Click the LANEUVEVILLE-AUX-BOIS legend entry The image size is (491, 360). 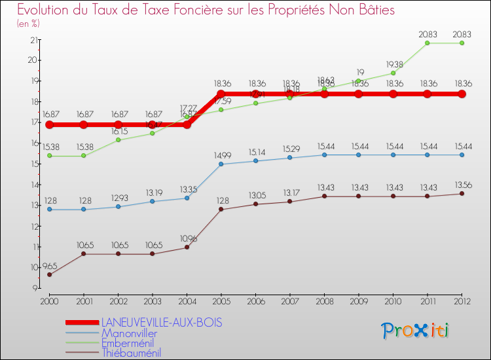click(x=161, y=323)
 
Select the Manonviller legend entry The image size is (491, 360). click(x=129, y=333)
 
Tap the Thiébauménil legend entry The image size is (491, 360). click(x=131, y=353)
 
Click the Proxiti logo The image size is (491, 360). click(x=416, y=331)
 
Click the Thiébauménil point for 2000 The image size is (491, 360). click(x=49, y=274)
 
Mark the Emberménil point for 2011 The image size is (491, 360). click(x=427, y=43)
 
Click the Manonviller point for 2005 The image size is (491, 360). click(x=221, y=164)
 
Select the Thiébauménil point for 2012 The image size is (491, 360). click(x=462, y=194)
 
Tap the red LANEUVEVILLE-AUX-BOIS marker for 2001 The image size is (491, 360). click(x=84, y=125)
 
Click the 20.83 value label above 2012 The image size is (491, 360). click(x=462, y=34)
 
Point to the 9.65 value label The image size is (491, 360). click(x=49, y=266)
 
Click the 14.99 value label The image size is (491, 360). click(x=221, y=155)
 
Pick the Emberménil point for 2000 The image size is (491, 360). click(x=49, y=156)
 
